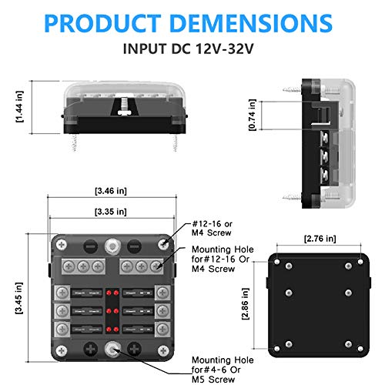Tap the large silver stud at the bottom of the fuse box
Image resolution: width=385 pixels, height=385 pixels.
click(114, 347)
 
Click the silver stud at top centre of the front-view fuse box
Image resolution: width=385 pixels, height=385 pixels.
click(114, 247)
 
